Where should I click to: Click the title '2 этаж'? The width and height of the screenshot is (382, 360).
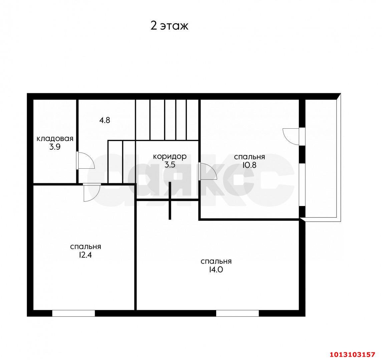(x=169, y=26)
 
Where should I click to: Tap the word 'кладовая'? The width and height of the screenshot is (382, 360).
(x=55, y=139)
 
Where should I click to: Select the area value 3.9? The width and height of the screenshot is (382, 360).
(x=55, y=147)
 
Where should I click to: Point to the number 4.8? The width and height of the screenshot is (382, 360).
(x=104, y=120)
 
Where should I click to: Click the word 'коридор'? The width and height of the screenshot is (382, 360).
(x=170, y=157)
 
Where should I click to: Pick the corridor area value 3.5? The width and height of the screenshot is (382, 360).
(x=170, y=165)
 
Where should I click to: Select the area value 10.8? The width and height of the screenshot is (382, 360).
(x=249, y=165)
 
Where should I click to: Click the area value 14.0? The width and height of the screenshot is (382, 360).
(x=216, y=270)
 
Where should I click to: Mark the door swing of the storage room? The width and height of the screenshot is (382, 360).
(x=85, y=160)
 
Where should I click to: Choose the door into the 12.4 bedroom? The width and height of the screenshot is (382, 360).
(x=92, y=192)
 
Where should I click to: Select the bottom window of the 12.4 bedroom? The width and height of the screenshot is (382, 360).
(x=74, y=313)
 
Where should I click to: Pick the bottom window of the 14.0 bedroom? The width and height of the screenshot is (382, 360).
(x=238, y=313)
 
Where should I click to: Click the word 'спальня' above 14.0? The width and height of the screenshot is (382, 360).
(x=216, y=262)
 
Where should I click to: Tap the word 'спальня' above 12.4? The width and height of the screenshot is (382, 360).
(x=85, y=247)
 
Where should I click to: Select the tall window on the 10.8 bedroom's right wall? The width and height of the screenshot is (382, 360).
(x=302, y=185)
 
